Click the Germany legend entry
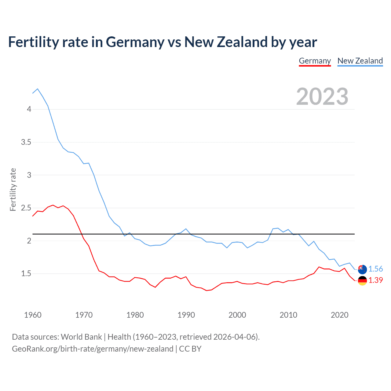[x=315, y=61]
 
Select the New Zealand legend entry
[x=360, y=61]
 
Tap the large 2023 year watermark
[x=322, y=97]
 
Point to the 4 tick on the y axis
[x=29, y=109]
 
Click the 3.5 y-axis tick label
[x=26, y=142]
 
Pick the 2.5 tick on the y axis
[x=26, y=208]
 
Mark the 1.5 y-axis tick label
[x=26, y=273]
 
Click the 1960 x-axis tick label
[x=33, y=315]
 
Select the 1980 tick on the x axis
[x=135, y=315]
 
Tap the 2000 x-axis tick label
[x=237, y=315]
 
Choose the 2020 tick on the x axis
[x=339, y=315]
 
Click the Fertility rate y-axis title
[x=13, y=189]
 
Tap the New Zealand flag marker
[x=362, y=269]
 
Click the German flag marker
[x=362, y=280]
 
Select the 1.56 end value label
[x=375, y=269]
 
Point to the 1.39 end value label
[x=375, y=280]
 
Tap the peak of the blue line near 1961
[x=38, y=89]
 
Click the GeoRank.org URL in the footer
[x=93, y=349]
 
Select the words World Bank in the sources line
[x=81, y=337]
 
